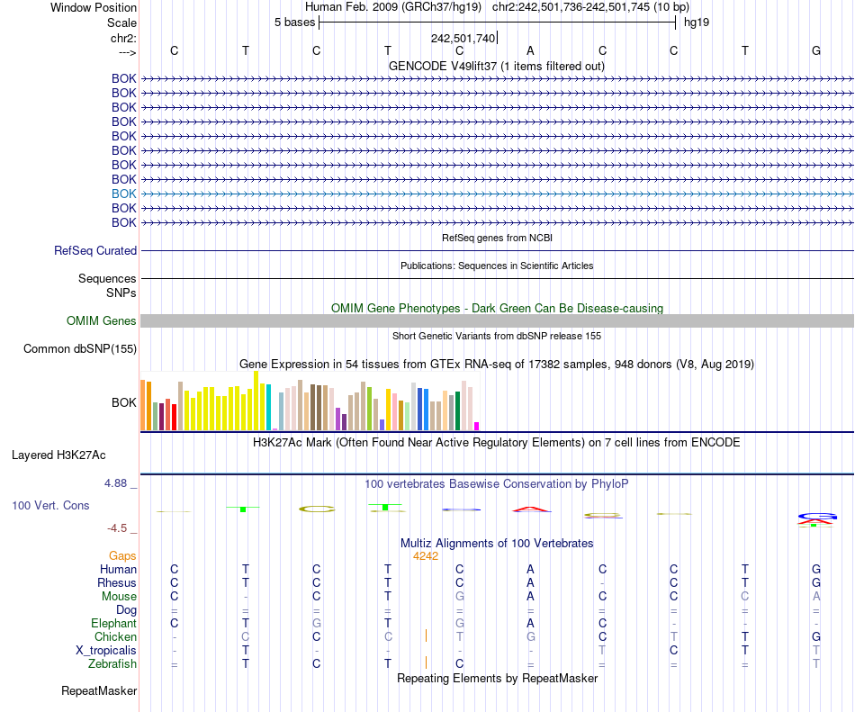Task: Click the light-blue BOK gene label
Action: click(x=124, y=194)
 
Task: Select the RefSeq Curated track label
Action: click(x=95, y=251)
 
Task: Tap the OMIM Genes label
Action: click(x=102, y=320)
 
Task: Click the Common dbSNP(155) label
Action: click(x=80, y=349)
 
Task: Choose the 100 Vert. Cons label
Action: click(x=50, y=506)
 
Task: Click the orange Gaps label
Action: click(x=122, y=556)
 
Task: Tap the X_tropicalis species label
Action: click(x=106, y=651)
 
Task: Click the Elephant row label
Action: click(x=113, y=624)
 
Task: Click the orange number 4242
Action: click(x=426, y=556)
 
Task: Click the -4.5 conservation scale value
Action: click(x=121, y=528)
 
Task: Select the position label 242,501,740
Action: click(x=463, y=38)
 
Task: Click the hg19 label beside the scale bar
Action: click(x=697, y=22)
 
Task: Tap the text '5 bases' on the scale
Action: click(x=294, y=22)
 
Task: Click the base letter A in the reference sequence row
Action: click(x=530, y=50)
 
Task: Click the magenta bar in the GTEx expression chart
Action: click(x=477, y=426)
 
